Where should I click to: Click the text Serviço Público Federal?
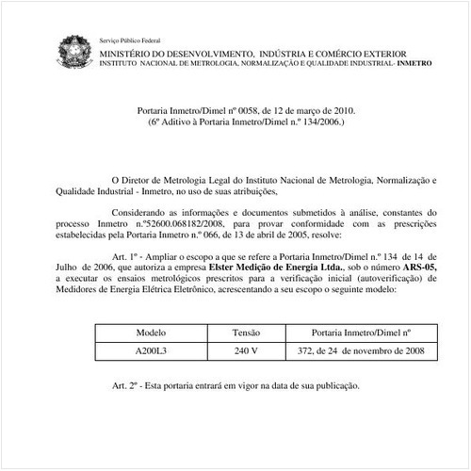[129, 41]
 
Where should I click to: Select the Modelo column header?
[151, 333]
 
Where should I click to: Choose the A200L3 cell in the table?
[151, 351]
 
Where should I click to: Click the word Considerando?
[142, 215]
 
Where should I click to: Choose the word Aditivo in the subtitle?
[181, 122]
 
